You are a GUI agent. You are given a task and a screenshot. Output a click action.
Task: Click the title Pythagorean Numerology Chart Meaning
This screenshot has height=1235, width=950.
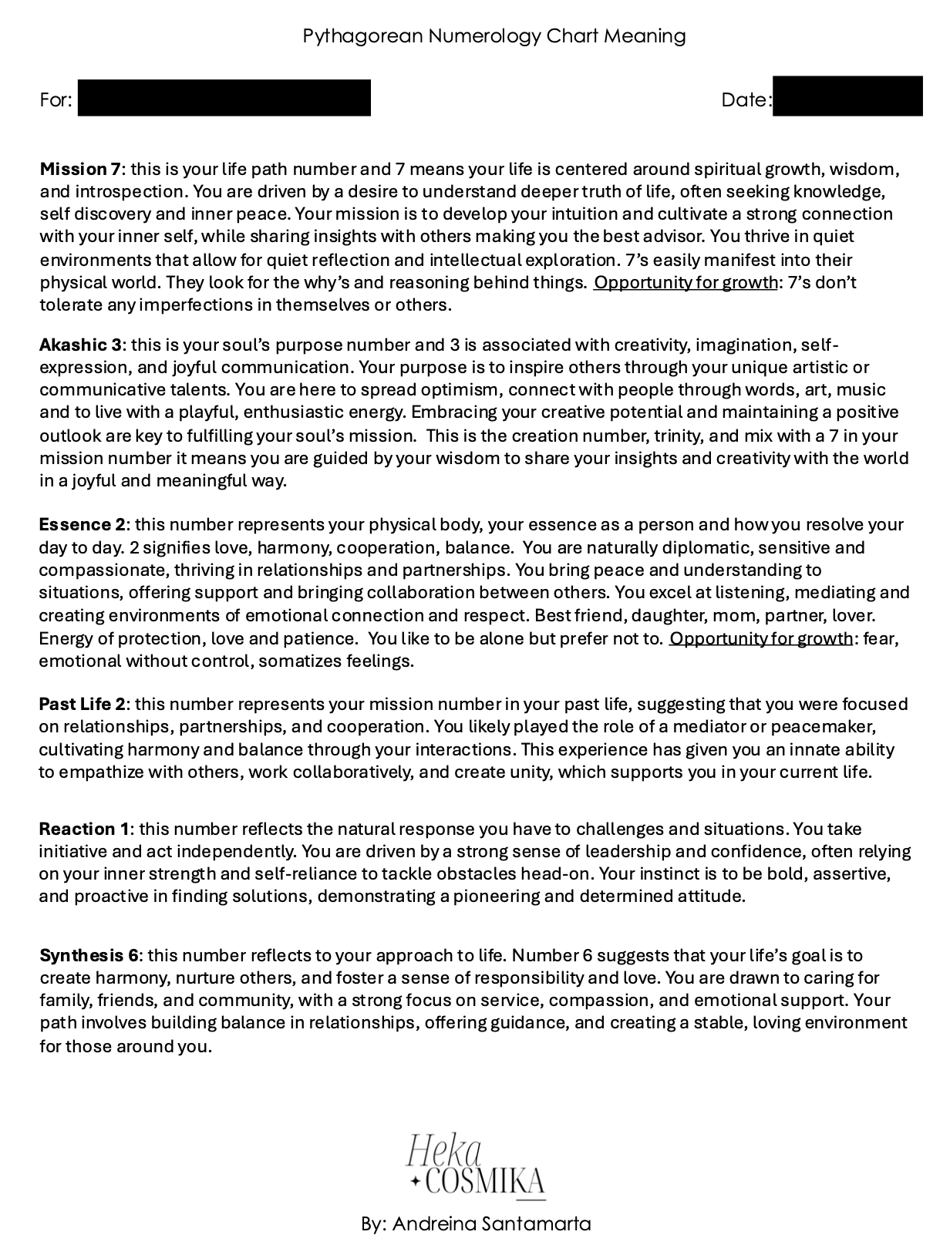tap(494, 35)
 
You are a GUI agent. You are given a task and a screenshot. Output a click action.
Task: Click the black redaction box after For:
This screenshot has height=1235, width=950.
tap(224, 98)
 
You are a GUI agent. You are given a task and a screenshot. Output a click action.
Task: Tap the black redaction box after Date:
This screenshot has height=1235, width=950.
tap(847, 96)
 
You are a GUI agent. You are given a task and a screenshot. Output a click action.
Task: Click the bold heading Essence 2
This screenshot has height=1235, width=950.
tap(82, 524)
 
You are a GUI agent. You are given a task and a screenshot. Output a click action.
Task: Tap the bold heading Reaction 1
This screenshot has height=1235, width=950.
tap(84, 829)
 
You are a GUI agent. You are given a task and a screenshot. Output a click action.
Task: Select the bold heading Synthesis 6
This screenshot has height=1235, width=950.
tap(89, 955)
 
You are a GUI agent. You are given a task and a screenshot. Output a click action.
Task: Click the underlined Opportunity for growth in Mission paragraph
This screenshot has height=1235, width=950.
tap(686, 282)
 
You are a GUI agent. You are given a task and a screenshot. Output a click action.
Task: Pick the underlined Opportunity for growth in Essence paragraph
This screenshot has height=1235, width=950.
tap(761, 638)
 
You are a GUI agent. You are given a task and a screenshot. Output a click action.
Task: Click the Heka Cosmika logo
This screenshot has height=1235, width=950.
tap(476, 1165)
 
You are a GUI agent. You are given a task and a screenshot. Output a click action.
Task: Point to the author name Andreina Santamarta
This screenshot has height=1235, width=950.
tap(491, 1223)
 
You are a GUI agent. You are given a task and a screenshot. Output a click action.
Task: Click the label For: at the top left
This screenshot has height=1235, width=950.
tap(56, 99)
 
